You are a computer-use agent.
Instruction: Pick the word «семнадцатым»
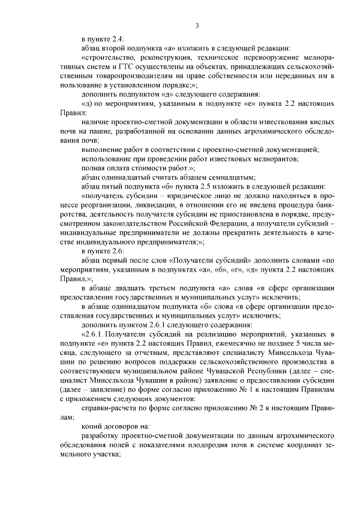click(x=233, y=177)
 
